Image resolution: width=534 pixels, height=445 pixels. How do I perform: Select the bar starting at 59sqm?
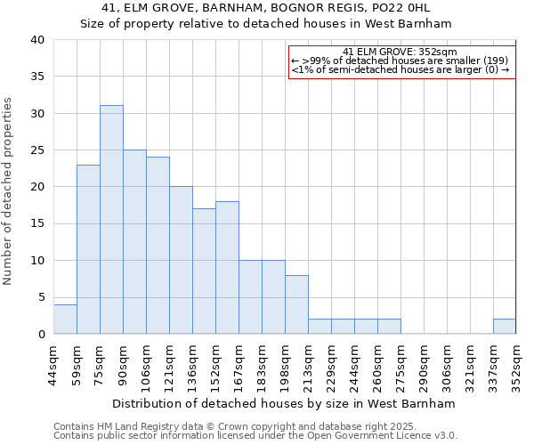(x=88, y=249)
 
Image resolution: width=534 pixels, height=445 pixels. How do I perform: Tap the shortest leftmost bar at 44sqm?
(x=65, y=319)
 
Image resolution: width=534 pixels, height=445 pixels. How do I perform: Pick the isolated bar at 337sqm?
(x=504, y=326)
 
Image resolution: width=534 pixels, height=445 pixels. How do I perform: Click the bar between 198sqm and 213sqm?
(x=296, y=304)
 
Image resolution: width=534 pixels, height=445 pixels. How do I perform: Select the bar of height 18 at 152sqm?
(x=227, y=267)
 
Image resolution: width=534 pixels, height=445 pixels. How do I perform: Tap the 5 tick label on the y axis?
(x=41, y=297)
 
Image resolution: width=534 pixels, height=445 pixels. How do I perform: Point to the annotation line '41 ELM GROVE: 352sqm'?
(x=400, y=52)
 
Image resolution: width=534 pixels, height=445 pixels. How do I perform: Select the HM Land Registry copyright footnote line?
(x=242, y=427)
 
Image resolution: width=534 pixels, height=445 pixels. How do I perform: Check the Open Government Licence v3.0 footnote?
(x=255, y=436)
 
